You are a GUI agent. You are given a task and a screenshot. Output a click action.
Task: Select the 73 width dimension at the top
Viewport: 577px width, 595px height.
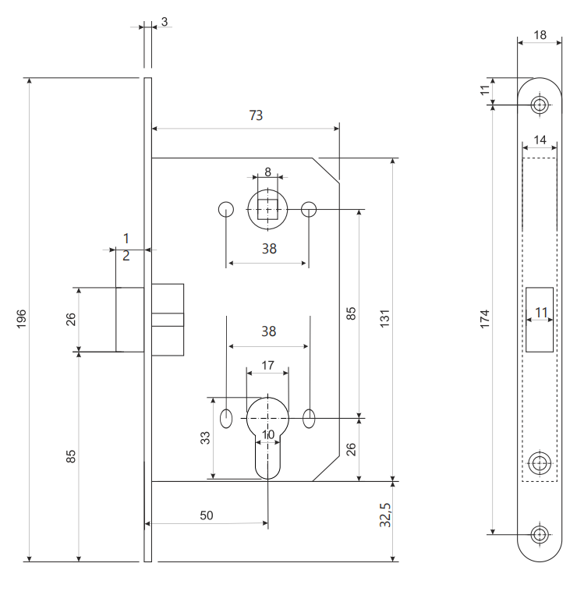(256, 115)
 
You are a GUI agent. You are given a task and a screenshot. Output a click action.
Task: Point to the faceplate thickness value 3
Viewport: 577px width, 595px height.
(164, 22)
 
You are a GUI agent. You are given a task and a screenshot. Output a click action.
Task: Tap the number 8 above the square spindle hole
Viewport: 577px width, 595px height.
(267, 172)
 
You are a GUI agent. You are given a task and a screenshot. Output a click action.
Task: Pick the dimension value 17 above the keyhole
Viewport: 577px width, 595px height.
(267, 365)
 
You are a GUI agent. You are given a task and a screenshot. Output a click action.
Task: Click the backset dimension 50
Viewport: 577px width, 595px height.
(207, 515)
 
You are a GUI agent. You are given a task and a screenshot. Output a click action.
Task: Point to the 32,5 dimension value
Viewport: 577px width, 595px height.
(384, 516)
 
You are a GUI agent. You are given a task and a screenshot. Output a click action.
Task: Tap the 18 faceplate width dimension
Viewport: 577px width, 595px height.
(540, 35)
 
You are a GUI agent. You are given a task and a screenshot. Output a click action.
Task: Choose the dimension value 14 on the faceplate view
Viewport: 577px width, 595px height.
(540, 140)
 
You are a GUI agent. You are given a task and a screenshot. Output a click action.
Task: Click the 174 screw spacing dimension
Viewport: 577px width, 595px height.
(485, 318)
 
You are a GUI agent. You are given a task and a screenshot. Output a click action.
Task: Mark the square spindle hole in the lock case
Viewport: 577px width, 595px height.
(267, 209)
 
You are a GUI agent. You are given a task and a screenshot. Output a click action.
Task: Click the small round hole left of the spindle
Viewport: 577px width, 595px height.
(226, 209)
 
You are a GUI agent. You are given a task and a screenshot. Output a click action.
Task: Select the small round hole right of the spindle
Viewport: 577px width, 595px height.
(309, 209)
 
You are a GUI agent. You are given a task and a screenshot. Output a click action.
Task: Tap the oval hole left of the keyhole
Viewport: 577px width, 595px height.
(226, 418)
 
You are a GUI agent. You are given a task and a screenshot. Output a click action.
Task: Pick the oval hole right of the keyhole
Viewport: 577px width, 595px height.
(310, 418)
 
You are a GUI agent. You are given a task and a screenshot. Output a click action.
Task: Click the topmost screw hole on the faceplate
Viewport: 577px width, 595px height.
(539, 104)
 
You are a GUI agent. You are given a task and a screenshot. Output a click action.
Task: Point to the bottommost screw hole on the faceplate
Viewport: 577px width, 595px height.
(539, 534)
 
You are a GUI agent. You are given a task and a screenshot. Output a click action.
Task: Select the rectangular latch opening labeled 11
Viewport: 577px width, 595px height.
(540, 320)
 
